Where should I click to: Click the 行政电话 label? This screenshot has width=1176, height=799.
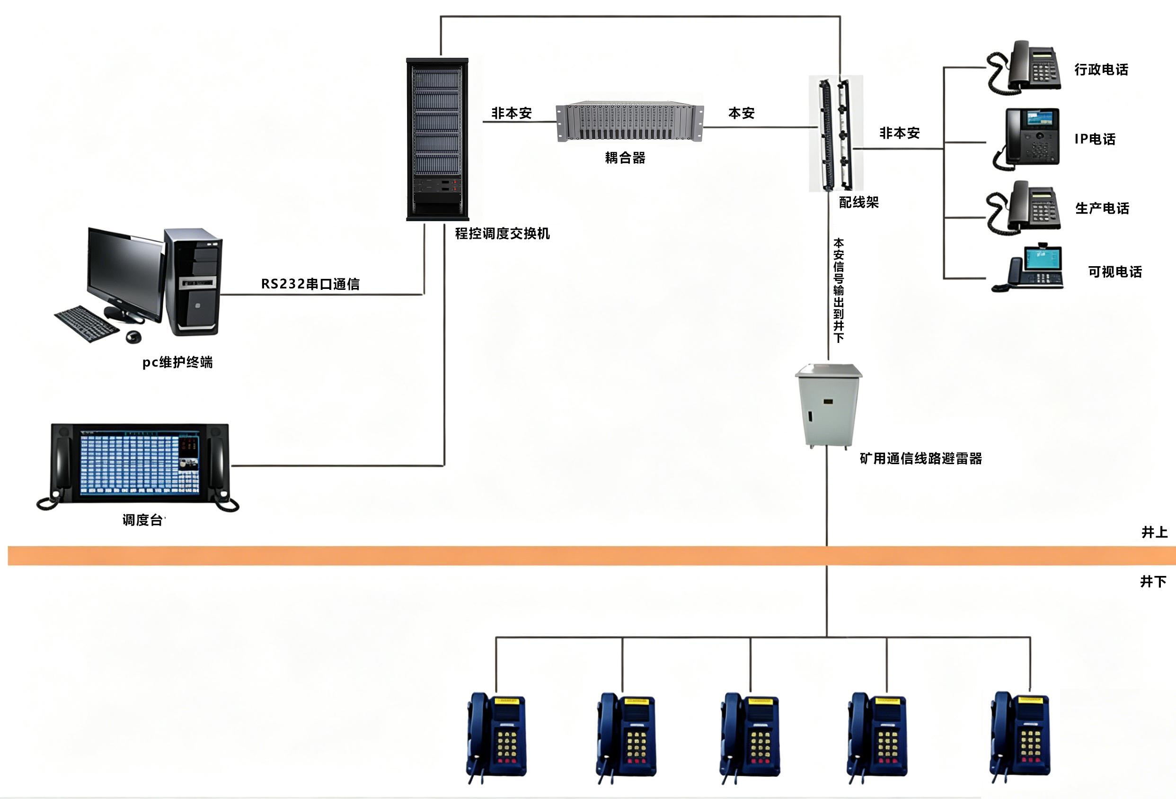click(x=1101, y=69)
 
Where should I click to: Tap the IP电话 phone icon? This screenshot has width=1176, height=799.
click(x=1026, y=138)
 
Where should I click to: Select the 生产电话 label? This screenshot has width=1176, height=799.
click(x=1102, y=208)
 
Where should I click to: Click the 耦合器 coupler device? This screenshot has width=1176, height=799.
click(x=629, y=121)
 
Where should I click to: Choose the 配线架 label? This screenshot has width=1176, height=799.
click(x=859, y=203)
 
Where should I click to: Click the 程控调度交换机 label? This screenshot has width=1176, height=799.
click(x=502, y=233)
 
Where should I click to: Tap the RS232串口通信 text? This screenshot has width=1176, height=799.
click(x=310, y=284)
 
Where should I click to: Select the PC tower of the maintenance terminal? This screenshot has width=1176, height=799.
click(x=193, y=281)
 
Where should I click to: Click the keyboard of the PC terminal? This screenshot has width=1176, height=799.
click(x=87, y=323)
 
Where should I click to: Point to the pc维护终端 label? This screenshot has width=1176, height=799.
click(x=177, y=362)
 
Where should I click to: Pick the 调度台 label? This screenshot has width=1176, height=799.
click(x=143, y=520)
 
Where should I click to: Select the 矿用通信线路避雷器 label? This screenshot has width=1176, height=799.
click(x=921, y=459)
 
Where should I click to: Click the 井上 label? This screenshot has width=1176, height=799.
click(x=1154, y=532)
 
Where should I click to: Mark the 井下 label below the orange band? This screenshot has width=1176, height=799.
click(x=1153, y=581)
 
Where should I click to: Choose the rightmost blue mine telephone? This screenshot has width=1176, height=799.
click(x=1020, y=737)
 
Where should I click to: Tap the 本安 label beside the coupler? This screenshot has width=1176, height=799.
click(x=741, y=113)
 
